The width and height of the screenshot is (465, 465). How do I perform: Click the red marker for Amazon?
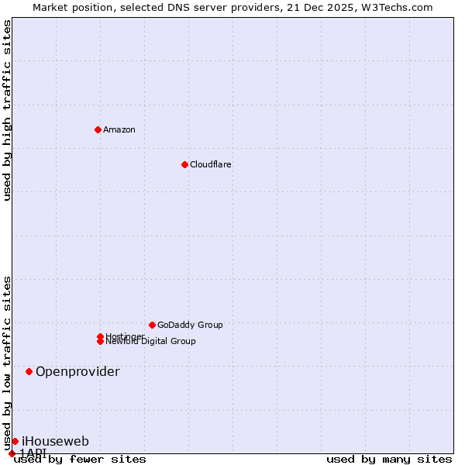pyautogui.click(x=98, y=129)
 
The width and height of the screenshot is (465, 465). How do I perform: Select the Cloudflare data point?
pyautogui.click(x=184, y=164)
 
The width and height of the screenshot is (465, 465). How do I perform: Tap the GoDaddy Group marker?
pyautogui.click(x=152, y=325)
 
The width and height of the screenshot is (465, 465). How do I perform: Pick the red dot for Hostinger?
pyautogui.click(x=100, y=336)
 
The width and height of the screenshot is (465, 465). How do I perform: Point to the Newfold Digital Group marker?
pyautogui.click(x=101, y=341)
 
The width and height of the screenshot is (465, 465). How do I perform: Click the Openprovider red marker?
pyautogui.click(x=29, y=371)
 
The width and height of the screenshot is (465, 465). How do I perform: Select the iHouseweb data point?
pyautogui.click(x=15, y=441)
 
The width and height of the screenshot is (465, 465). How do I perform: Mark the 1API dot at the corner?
pyautogui.click(x=12, y=453)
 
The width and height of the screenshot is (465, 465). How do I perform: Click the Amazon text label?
pyautogui.click(x=119, y=129)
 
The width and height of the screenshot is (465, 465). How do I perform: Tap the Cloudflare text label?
pyautogui.click(x=210, y=164)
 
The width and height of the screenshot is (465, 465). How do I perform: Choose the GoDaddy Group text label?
pyautogui.click(x=190, y=325)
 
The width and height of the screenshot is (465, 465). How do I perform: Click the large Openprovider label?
pyautogui.click(x=77, y=371)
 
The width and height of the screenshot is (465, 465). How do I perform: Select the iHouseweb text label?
pyautogui.click(x=55, y=441)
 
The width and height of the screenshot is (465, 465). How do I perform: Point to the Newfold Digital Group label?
pyautogui.click(x=150, y=342)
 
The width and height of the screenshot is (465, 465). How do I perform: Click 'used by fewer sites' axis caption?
pyautogui.click(x=80, y=460)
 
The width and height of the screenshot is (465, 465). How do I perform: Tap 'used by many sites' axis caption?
pyautogui.click(x=389, y=460)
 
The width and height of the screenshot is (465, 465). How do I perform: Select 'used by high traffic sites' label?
pyautogui.click(x=7, y=110)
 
